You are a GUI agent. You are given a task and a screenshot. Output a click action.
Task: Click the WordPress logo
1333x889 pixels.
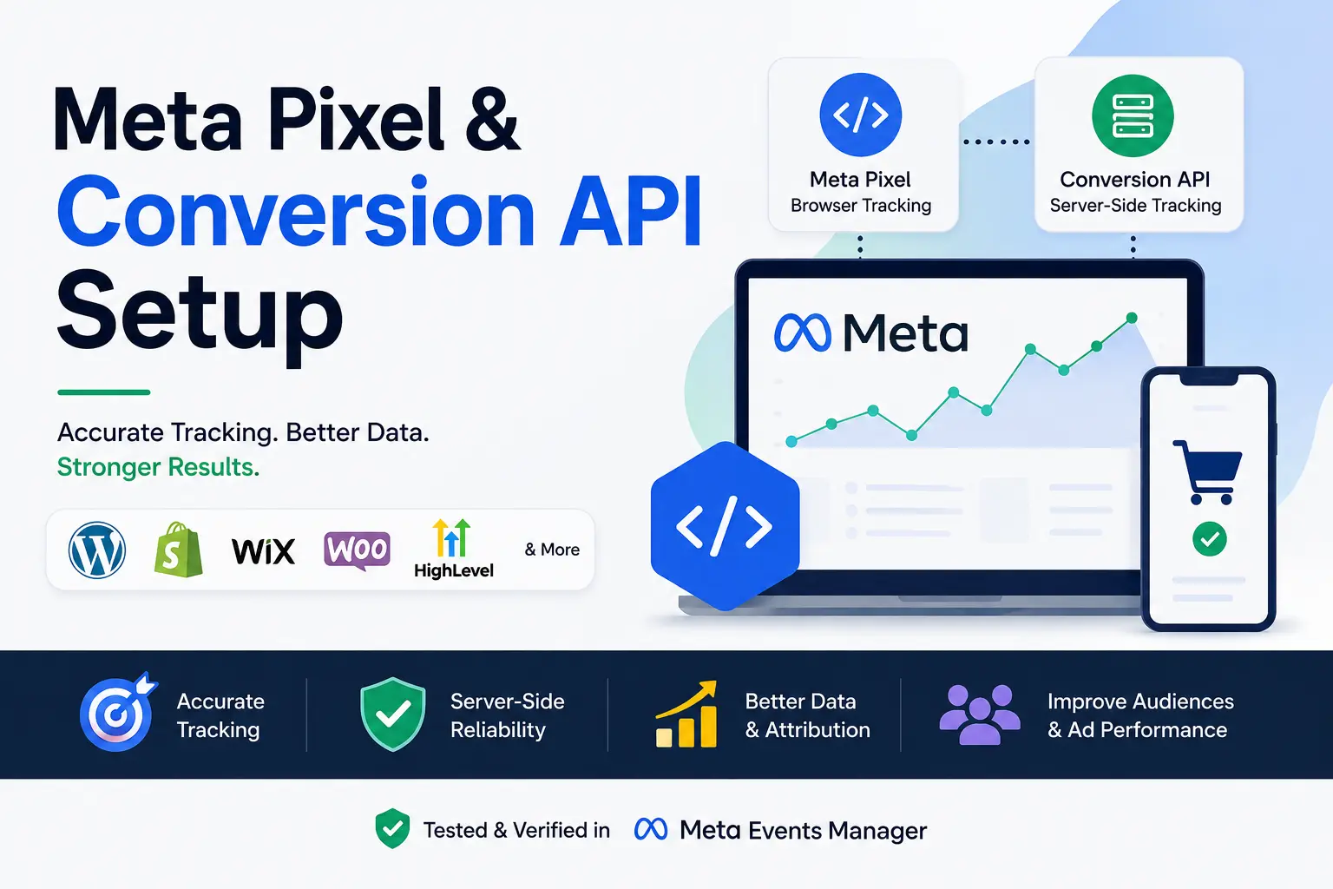click(97, 550)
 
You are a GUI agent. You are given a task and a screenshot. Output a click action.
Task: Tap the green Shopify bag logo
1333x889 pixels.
click(178, 549)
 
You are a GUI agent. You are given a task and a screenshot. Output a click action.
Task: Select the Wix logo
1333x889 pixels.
click(263, 550)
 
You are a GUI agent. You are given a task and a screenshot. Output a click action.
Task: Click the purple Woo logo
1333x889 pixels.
click(357, 550)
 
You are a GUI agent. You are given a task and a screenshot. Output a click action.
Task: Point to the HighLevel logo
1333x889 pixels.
click(454, 549)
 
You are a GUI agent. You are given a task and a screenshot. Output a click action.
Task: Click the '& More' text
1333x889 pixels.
click(552, 550)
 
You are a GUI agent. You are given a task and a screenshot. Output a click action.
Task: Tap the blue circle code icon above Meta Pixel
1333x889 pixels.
click(861, 115)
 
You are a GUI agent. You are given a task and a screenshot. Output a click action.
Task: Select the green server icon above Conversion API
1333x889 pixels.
click(1133, 115)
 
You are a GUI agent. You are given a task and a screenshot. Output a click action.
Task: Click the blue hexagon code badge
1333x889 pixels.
click(725, 526)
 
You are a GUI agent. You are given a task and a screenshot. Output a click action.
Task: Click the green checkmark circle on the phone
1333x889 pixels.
click(1209, 539)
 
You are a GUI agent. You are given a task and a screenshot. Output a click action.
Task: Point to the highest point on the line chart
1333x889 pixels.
click(1132, 318)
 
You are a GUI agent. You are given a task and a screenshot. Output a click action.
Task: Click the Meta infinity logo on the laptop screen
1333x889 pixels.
click(802, 333)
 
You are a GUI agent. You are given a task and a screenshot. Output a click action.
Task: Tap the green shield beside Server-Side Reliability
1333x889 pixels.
click(393, 714)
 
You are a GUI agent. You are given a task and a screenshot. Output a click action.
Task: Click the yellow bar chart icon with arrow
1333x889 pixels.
click(686, 714)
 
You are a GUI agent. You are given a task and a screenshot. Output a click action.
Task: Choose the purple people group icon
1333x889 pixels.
click(980, 714)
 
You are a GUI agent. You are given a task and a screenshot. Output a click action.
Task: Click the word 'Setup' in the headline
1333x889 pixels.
click(200, 313)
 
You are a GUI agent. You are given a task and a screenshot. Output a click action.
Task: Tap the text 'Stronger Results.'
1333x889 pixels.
click(158, 467)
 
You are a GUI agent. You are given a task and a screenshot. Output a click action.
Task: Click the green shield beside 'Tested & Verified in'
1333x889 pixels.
click(392, 828)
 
